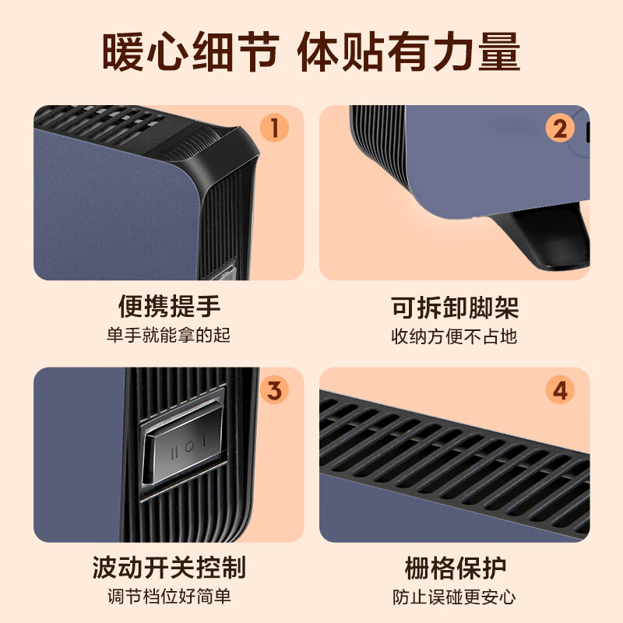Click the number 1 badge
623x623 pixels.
pyautogui.click(x=274, y=127)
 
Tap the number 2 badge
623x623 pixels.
pyautogui.click(x=560, y=128)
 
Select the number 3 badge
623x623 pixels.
pyautogui.click(x=274, y=389)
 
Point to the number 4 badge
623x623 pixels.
pyautogui.click(x=560, y=390)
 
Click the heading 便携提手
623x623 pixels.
pyautogui.click(x=169, y=307)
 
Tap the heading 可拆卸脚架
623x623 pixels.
pyautogui.click(x=455, y=307)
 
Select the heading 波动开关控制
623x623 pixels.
pyautogui.click(x=169, y=567)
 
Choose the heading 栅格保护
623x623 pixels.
pyautogui.click(x=455, y=567)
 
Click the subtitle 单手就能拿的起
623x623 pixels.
pyautogui.click(x=169, y=336)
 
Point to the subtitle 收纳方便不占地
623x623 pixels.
pyautogui.click(x=455, y=336)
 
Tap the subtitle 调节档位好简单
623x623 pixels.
pyautogui.click(x=169, y=597)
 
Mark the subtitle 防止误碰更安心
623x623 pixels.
pyautogui.click(x=455, y=597)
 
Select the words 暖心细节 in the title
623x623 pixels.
pyautogui.click(x=190, y=53)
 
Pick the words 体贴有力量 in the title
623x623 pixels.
pyautogui.click(x=410, y=53)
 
